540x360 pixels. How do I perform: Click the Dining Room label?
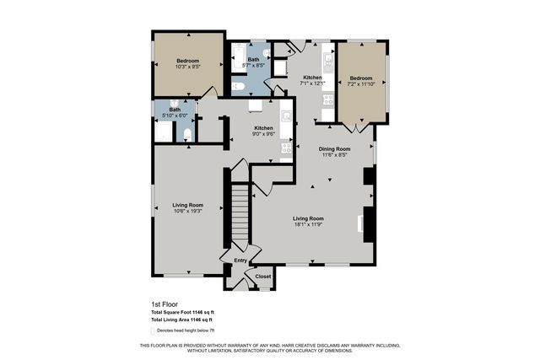333,149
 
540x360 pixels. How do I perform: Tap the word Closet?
263,277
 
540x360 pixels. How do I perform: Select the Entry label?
240,261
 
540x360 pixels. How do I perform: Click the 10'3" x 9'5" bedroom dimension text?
187,67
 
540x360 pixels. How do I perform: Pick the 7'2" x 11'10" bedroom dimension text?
361,83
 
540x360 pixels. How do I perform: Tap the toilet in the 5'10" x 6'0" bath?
186,133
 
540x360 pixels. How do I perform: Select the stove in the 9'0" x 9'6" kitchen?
286,148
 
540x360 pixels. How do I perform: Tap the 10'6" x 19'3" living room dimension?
188,212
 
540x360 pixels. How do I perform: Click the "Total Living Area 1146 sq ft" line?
181,320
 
